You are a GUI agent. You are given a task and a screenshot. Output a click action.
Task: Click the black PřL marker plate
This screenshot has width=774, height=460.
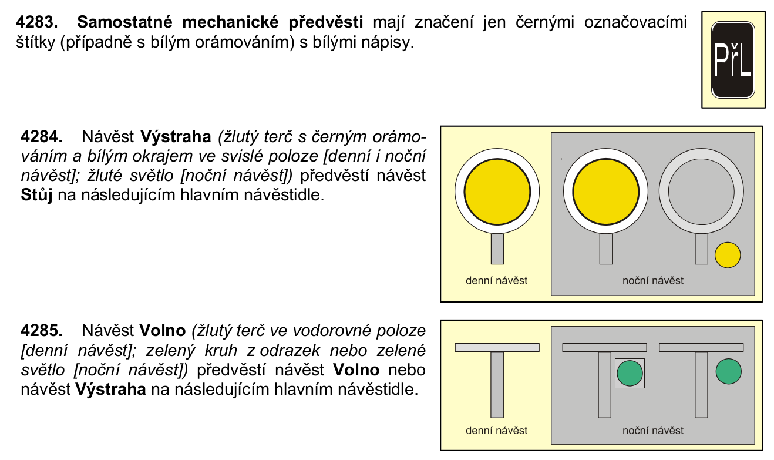tap(733, 60)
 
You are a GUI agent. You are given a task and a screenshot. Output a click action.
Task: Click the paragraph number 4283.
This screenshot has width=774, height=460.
tap(36, 22)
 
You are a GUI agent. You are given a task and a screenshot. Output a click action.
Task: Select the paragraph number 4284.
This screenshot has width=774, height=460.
tap(41, 137)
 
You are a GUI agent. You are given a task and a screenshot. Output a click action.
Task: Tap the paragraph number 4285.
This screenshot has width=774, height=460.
tap(41, 330)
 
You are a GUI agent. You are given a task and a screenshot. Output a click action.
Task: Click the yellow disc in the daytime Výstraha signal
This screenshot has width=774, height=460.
tap(497, 192)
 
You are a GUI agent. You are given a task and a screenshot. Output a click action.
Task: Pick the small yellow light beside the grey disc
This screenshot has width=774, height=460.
tap(728, 255)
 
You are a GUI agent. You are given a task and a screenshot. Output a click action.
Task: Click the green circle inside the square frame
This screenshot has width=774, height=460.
tap(630, 373)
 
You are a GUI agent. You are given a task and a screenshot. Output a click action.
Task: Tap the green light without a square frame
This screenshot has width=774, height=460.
tap(729, 371)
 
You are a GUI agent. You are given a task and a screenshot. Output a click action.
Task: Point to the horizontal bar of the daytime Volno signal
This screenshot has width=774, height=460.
tap(497, 347)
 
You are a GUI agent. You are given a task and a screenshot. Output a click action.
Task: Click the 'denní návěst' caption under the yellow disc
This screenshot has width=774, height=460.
tap(496, 280)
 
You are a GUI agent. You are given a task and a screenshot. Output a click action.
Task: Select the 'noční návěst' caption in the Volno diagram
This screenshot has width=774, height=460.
tap(653, 430)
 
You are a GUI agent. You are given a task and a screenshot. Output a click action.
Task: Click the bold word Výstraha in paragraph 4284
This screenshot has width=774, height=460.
tap(176, 137)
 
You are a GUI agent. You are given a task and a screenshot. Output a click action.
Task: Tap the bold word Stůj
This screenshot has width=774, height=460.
tap(36, 195)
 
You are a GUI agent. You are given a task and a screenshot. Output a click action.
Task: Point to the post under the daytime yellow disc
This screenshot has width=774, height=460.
tap(497, 249)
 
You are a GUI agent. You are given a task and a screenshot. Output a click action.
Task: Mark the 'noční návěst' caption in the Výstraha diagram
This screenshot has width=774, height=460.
tap(653, 280)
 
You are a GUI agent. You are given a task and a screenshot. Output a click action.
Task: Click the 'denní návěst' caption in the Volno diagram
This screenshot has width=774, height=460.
tap(496, 430)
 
